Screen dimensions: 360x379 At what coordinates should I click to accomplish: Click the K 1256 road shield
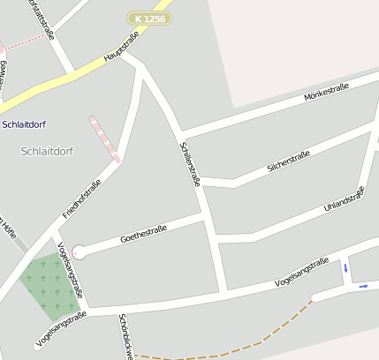click(148, 18)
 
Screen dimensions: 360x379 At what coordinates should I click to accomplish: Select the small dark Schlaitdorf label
click(25, 124)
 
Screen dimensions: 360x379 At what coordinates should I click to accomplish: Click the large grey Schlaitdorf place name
click(46, 151)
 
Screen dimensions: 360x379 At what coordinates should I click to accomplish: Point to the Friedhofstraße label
click(82, 199)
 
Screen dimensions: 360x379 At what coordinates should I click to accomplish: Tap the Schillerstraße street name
click(190, 164)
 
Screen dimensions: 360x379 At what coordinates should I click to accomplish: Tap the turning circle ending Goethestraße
click(80, 252)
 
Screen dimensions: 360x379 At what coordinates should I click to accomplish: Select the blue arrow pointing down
click(345, 267)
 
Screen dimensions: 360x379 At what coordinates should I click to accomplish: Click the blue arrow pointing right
click(363, 286)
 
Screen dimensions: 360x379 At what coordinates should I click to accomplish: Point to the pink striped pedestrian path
click(104, 139)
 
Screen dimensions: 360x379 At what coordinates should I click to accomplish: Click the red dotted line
click(27, 41)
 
